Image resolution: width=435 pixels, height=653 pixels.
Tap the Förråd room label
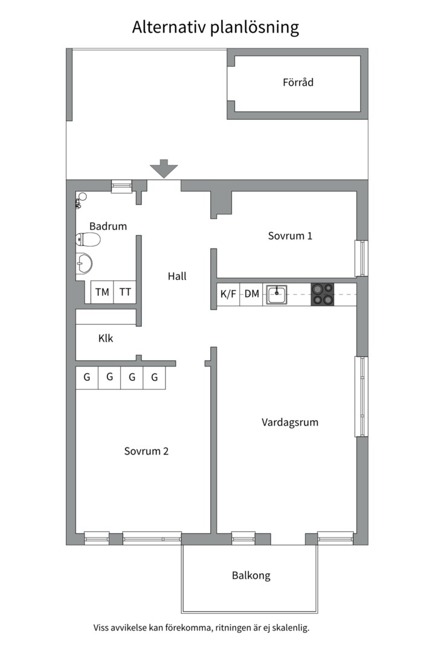click(x=298, y=82)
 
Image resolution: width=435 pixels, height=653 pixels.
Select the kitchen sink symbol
click(x=276, y=295)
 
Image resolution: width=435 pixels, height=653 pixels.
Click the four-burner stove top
click(x=322, y=294)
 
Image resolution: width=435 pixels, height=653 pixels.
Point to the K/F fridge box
click(x=228, y=294)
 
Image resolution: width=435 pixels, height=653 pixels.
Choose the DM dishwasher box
click(x=251, y=294)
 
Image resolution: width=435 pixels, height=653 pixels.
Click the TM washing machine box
click(x=102, y=292)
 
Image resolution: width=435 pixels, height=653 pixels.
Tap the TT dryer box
click(x=125, y=292)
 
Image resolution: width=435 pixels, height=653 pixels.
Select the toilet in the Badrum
click(x=88, y=241)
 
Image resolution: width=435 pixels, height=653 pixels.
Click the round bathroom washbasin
click(x=85, y=263)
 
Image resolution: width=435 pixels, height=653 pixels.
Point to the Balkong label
click(x=251, y=576)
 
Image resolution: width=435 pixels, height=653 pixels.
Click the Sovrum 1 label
click(x=290, y=236)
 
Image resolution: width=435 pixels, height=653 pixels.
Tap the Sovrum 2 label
click(x=146, y=451)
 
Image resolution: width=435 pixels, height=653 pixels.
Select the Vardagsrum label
click(x=290, y=422)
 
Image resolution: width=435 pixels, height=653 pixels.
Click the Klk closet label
click(x=106, y=339)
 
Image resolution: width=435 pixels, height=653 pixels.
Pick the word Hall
click(x=177, y=276)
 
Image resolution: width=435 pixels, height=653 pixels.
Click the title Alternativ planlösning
click(x=216, y=27)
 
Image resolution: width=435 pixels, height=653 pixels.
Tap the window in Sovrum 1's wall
click(x=361, y=258)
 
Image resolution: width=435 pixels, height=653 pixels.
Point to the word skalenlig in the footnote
click(x=288, y=628)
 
